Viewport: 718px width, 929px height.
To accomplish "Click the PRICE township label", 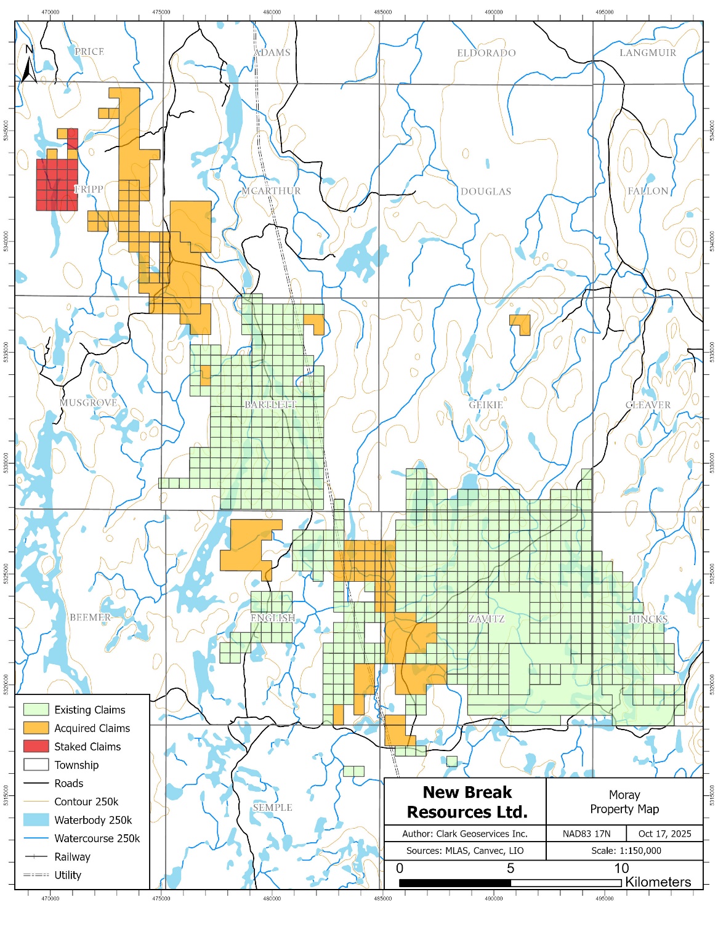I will [89, 52].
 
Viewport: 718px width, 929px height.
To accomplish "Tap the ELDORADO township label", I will [486, 53].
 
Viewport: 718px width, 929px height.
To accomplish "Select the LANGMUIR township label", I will [647, 53].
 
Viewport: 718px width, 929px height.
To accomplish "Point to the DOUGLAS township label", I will [486, 191].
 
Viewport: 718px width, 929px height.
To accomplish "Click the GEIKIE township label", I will [486, 404].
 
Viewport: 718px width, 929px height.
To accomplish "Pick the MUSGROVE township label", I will [88, 403].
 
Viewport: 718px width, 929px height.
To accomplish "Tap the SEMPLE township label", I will [272, 807].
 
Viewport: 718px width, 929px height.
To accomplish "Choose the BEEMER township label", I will [90, 617].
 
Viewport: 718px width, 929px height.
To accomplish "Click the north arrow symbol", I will [28, 65].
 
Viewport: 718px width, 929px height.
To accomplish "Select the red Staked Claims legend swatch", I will [36, 746].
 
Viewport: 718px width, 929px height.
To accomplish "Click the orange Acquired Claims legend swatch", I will [36, 728].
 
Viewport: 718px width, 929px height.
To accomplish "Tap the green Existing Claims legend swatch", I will [36, 710].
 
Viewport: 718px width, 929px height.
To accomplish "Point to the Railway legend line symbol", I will [36, 856].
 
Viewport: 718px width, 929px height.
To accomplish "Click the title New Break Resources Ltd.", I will [467, 802].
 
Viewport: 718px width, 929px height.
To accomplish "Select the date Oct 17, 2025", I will [664, 834].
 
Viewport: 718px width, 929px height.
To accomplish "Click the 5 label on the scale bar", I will [510, 868].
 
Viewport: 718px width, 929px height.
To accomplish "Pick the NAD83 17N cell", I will [586, 834].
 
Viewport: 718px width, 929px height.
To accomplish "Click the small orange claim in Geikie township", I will [521, 323].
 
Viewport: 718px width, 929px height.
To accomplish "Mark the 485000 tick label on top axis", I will [382, 12].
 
